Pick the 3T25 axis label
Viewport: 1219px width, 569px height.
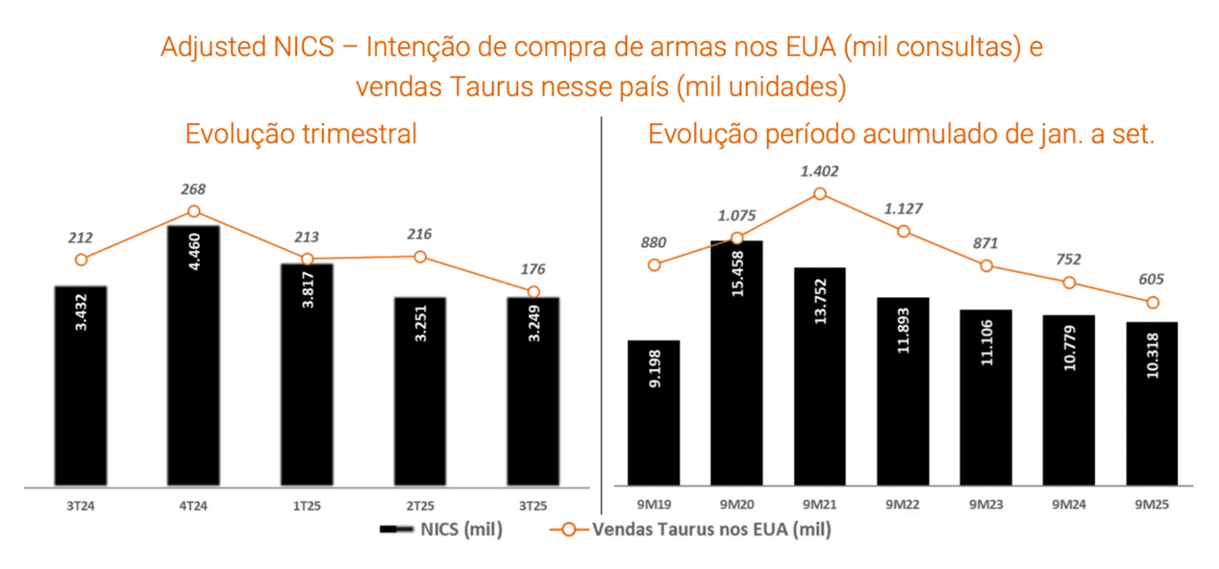[x=532, y=505]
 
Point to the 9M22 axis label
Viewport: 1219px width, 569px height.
[x=902, y=505]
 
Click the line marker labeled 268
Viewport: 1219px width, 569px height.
[x=193, y=212]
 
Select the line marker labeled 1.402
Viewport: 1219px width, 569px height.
[x=819, y=194]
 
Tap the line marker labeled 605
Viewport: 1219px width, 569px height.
[x=1152, y=303]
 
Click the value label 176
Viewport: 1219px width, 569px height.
[x=532, y=269]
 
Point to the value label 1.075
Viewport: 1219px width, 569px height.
[x=737, y=213]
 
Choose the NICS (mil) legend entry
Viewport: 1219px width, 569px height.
[x=441, y=530]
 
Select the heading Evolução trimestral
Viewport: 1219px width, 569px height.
[x=301, y=134]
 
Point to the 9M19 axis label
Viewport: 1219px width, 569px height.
[x=654, y=505]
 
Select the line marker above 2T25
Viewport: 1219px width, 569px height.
[x=420, y=257]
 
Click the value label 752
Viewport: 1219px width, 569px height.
[x=1068, y=259]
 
